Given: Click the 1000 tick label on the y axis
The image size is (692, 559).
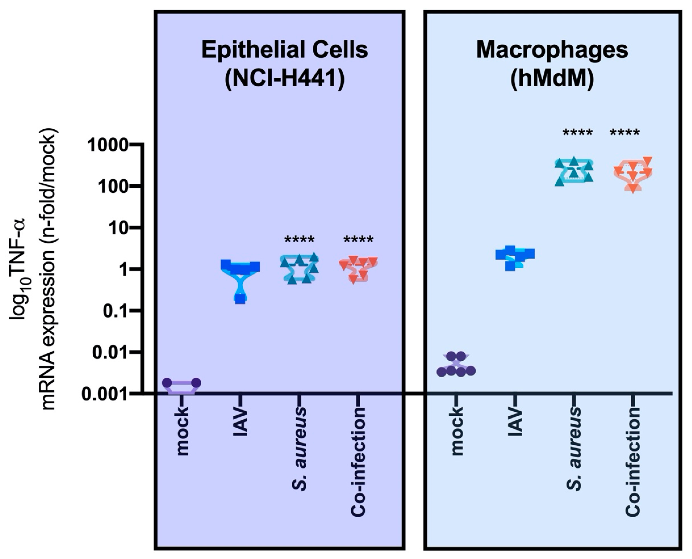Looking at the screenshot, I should pyautogui.click(x=108, y=146).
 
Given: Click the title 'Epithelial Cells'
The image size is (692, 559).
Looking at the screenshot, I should pyautogui.click(x=285, y=50).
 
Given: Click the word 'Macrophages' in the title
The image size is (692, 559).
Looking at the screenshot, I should pyautogui.click(x=552, y=50).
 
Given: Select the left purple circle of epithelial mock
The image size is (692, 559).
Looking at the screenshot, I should pyautogui.click(x=167, y=383).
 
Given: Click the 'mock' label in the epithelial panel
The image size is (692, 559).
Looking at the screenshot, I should pyautogui.click(x=183, y=432).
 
